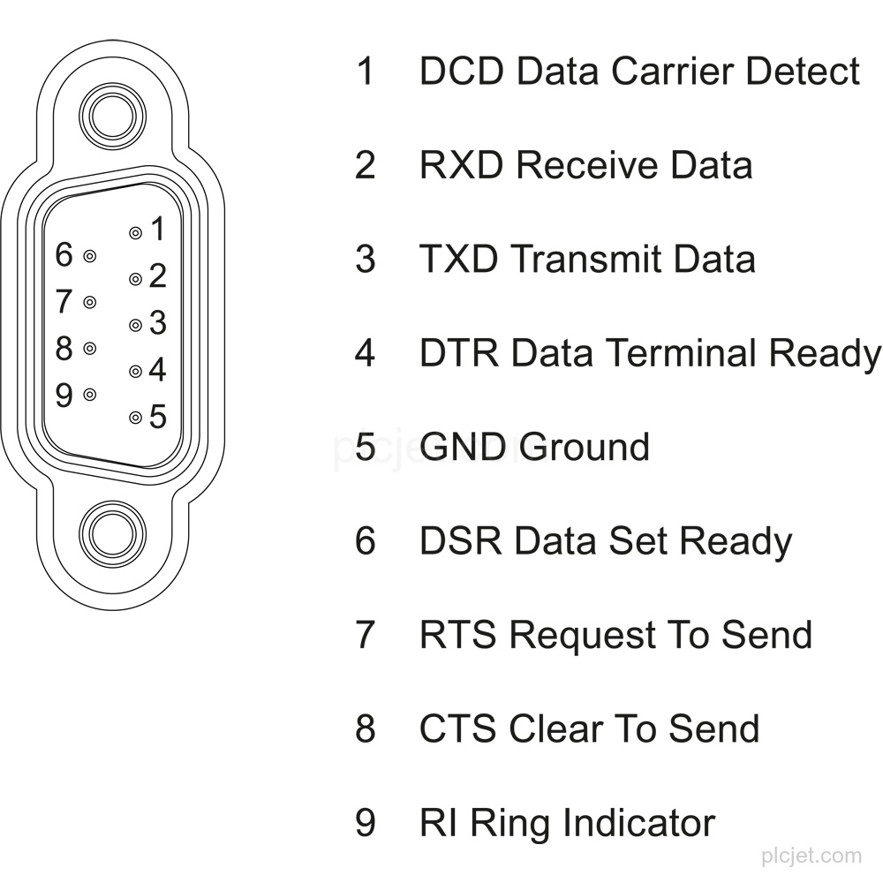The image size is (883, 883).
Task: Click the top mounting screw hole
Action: (x=113, y=117)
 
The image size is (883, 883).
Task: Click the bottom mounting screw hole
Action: (x=113, y=534)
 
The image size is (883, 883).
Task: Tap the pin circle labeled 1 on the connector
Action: (x=135, y=232)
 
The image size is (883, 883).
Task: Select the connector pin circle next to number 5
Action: (x=135, y=418)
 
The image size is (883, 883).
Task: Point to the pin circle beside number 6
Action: (x=89, y=256)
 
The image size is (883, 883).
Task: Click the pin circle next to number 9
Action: (x=89, y=395)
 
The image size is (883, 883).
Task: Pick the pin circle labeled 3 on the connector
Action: (x=135, y=325)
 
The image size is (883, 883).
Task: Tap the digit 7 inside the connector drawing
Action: (x=64, y=301)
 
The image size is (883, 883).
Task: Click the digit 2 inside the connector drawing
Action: (x=158, y=275)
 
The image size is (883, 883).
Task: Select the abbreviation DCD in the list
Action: (x=461, y=72)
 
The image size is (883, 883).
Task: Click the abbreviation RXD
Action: (x=461, y=165)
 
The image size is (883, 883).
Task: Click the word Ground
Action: (x=584, y=447)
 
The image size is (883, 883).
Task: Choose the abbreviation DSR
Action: (x=461, y=540)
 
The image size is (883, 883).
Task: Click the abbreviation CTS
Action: (x=459, y=728)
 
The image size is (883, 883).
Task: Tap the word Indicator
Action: (x=638, y=823)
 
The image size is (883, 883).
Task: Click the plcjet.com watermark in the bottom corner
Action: (x=811, y=857)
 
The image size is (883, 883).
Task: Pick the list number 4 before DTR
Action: (x=365, y=353)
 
